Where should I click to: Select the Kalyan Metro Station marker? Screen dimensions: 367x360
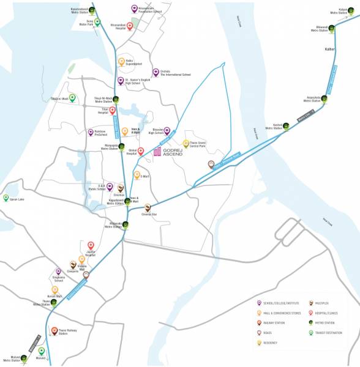click(351, 10)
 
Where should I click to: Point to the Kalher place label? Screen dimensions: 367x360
click(330, 49)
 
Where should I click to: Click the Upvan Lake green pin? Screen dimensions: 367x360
click(6, 198)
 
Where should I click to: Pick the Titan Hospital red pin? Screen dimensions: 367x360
click(112, 110)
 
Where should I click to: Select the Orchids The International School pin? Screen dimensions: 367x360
click(156, 72)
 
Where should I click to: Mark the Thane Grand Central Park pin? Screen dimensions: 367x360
click(186, 143)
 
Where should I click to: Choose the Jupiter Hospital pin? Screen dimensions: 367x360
click(91, 245)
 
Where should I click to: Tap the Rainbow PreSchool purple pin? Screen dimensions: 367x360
click(90, 132)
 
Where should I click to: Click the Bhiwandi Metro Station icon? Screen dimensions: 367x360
click(331, 28)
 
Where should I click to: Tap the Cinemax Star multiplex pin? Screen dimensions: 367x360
click(147, 207)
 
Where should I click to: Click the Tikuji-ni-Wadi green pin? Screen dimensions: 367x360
click(72, 97)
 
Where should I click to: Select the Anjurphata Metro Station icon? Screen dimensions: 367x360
click(324, 98)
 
